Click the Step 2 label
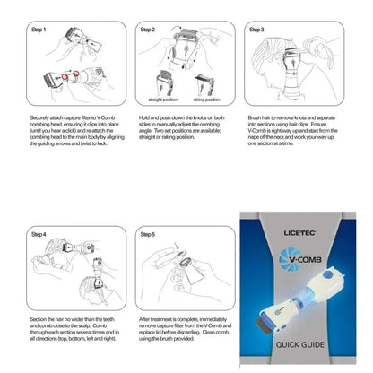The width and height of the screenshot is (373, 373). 148,30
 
